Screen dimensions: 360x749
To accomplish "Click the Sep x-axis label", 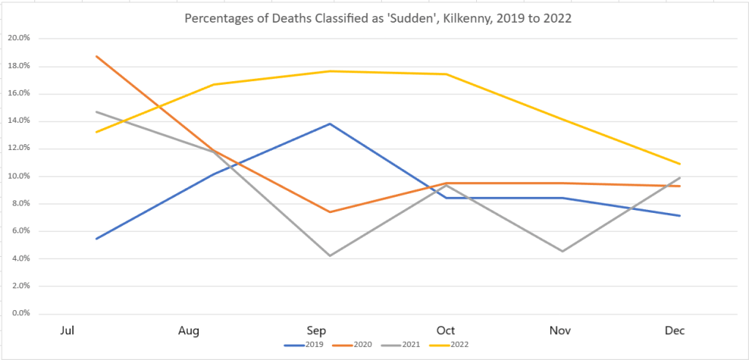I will pos(316,331).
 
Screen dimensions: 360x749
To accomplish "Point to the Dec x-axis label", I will pos(674,331).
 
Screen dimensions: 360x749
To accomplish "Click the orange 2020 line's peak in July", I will pos(97,56).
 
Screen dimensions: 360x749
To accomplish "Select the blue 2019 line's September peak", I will pos(331,124).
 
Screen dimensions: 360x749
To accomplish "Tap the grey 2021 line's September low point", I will pos(331,255).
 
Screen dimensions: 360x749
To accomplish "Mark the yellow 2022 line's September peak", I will pos(331,71).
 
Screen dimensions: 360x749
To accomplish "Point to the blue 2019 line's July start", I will pos(97,239).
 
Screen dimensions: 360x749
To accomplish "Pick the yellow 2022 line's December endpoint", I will pos(680,164).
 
